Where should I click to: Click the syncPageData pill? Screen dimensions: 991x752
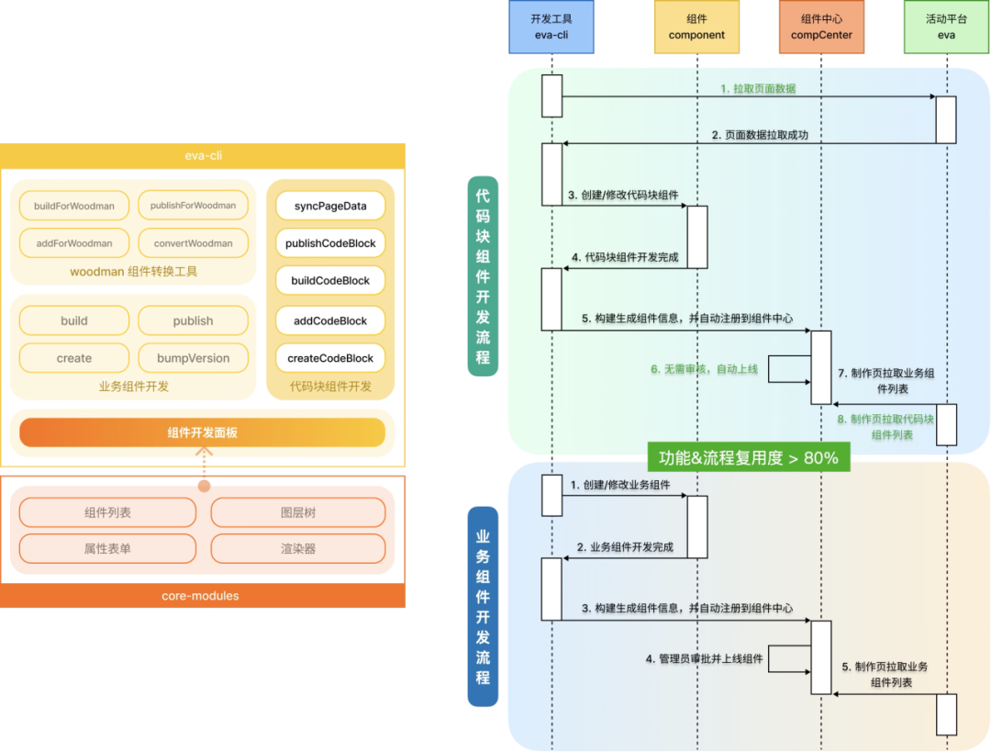(x=330, y=206)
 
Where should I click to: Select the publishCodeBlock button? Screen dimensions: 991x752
(x=330, y=243)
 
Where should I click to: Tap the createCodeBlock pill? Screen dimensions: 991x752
(x=330, y=358)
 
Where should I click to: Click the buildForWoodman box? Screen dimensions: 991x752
(x=74, y=206)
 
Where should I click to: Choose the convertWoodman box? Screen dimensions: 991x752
(x=194, y=243)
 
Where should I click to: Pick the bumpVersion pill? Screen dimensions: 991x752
(x=194, y=358)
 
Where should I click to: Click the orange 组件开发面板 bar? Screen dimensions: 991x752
(x=202, y=432)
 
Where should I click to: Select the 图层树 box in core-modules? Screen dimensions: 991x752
(x=298, y=512)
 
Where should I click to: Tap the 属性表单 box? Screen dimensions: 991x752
(x=107, y=548)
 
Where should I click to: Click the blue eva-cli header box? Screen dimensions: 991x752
(x=551, y=28)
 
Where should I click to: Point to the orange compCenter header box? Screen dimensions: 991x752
(x=821, y=28)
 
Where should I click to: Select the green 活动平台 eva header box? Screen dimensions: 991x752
(x=947, y=28)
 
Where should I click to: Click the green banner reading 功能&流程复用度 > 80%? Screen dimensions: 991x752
(x=749, y=457)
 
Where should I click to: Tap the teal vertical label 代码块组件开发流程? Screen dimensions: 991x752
(x=483, y=276)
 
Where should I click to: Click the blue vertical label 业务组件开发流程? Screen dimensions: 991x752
(x=483, y=607)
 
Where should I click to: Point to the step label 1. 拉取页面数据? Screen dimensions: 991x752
(x=758, y=88)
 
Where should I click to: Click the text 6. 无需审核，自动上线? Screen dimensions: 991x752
(x=704, y=369)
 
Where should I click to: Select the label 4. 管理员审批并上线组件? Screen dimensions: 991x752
(x=704, y=658)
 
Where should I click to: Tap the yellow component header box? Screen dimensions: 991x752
(x=696, y=28)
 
